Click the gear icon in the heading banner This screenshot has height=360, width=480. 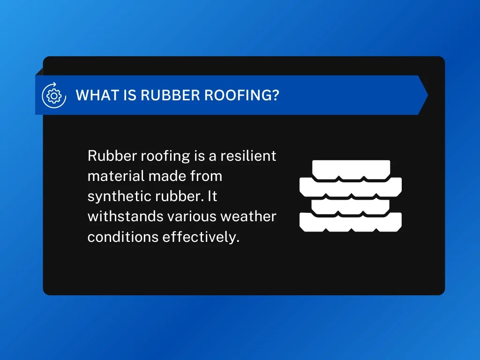(x=54, y=95)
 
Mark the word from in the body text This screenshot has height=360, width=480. (x=206, y=176)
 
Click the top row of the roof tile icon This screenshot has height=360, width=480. (x=351, y=169)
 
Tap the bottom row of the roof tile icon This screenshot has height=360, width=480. (x=351, y=222)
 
